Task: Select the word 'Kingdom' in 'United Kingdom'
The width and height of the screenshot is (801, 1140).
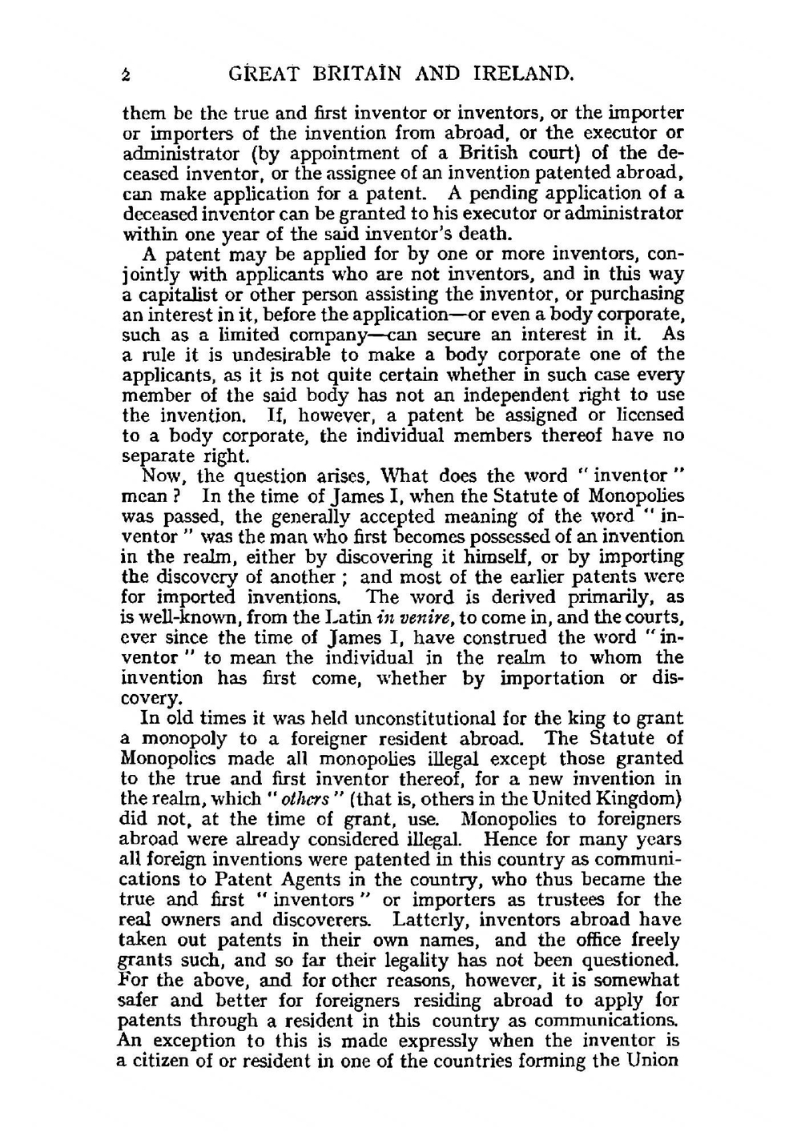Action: (x=640, y=799)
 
